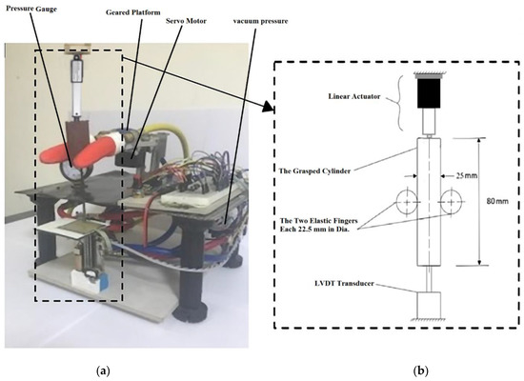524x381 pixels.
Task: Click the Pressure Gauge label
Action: click(32, 6)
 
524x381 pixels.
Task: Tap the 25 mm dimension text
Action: click(465, 177)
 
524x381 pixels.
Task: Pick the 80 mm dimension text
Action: click(500, 228)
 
